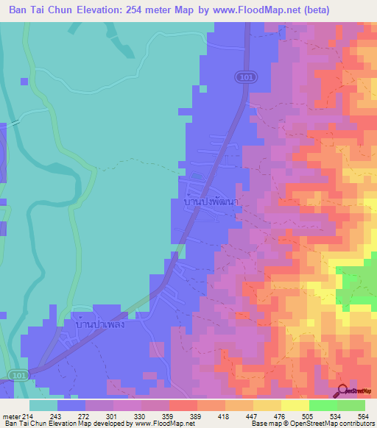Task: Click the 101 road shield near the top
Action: click(244, 76)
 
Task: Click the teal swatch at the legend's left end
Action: click(43, 405)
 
